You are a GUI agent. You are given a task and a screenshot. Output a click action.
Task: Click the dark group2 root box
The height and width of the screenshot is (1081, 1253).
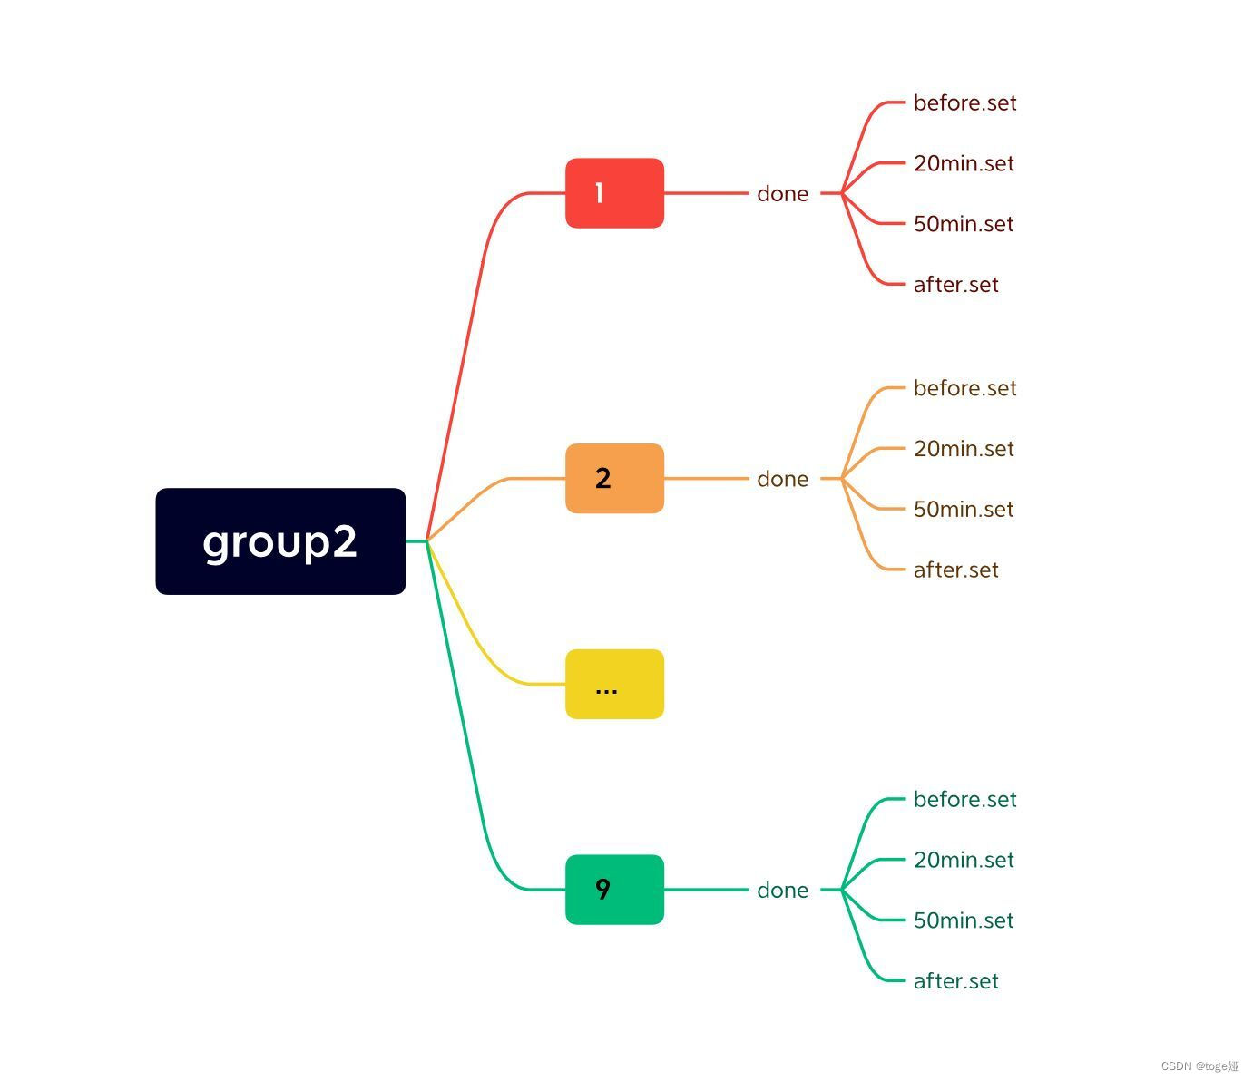(x=280, y=541)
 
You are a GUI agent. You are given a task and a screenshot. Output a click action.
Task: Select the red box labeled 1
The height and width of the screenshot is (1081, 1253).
(x=614, y=193)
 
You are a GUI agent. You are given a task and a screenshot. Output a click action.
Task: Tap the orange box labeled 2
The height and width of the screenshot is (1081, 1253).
(x=614, y=479)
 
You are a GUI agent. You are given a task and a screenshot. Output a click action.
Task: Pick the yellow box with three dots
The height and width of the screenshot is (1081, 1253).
(x=614, y=685)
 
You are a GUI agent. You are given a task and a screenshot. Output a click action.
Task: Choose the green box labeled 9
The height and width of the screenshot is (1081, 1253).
(x=614, y=890)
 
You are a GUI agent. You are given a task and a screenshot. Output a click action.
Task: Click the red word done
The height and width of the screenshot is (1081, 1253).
(x=782, y=194)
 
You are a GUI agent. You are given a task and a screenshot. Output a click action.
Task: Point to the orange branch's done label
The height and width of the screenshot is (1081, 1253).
(x=782, y=479)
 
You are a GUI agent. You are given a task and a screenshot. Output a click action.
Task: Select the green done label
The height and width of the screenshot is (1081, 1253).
(x=782, y=891)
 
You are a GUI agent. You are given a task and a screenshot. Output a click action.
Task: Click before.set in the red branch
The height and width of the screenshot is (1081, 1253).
(x=964, y=103)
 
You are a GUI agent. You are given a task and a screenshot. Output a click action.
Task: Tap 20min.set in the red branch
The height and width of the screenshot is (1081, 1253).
(x=964, y=164)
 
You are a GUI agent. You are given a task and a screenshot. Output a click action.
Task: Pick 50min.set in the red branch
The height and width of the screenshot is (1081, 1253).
(x=964, y=224)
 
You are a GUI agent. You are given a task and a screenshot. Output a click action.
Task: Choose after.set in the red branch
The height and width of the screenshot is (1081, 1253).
(x=955, y=285)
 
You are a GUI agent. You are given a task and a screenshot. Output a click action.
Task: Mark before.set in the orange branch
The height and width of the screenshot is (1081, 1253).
(x=964, y=388)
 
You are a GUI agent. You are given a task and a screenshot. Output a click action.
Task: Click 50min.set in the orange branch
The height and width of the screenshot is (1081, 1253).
(x=964, y=510)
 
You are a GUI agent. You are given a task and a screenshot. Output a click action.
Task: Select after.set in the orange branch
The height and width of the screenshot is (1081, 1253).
(x=955, y=570)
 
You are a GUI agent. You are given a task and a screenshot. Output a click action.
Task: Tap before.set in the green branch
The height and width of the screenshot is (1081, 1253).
(x=964, y=800)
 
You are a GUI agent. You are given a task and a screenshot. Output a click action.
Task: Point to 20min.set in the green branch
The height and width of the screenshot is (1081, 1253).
(x=964, y=861)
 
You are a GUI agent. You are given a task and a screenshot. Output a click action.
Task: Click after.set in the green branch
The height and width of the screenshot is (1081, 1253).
(x=955, y=981)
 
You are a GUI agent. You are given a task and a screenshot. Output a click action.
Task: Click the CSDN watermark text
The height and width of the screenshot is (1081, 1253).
(x=1199, y=1066)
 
